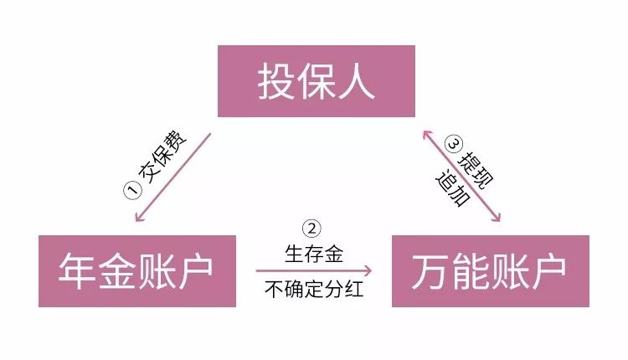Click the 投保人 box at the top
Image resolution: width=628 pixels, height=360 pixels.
316,81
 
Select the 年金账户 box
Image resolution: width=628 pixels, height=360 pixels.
137,271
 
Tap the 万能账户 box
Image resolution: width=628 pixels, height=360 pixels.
490,271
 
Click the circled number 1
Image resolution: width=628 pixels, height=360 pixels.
132,189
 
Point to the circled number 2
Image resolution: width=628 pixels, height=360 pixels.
311,229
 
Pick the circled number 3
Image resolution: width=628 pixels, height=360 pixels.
454,144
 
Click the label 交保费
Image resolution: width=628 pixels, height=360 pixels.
162,157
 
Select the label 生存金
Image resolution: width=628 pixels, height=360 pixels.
314,255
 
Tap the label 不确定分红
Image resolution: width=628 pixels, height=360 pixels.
314,289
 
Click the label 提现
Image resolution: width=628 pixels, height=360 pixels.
476,169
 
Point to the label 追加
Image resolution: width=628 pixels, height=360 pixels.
452,189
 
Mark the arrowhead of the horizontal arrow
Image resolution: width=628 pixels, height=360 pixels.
368,271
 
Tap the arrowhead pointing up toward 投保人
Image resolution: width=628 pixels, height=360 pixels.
426,133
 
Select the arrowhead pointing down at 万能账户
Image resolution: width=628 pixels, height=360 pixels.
497,218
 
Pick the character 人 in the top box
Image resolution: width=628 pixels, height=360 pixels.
356,81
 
